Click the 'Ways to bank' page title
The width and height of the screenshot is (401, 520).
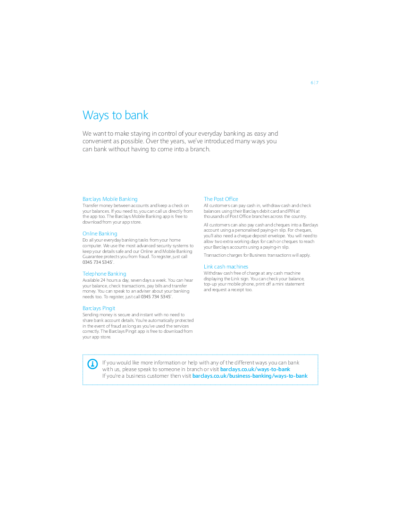[x=115, y=115]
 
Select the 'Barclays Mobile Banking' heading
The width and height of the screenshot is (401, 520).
[x=110, y=199]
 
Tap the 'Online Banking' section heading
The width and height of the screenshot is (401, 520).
[x=100, y=234]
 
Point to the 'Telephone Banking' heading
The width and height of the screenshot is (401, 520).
[x=104, y=274]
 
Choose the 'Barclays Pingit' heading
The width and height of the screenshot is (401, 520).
[x=99, y=308]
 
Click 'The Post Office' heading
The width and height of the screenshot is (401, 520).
[x=221, y=199]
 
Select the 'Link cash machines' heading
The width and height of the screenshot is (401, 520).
[x=226, y=267]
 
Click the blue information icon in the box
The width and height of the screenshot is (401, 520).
[x=92, y=364]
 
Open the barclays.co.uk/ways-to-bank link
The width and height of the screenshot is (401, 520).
[x=255, y=369]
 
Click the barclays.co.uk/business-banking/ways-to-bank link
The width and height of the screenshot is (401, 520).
[x=250, y=376]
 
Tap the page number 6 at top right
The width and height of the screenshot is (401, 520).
[x=312, y=83]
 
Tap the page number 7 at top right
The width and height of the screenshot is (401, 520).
[x=317, y=83]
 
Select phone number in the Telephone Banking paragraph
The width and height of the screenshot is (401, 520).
[x=156, y=297]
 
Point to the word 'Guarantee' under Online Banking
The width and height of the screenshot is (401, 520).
[x=92, y=257]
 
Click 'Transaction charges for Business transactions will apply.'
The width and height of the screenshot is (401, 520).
[x=257, y=255]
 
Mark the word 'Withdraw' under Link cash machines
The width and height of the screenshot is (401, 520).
[x=213, y=273]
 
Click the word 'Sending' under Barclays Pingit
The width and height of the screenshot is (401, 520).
[x=90, y=314]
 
